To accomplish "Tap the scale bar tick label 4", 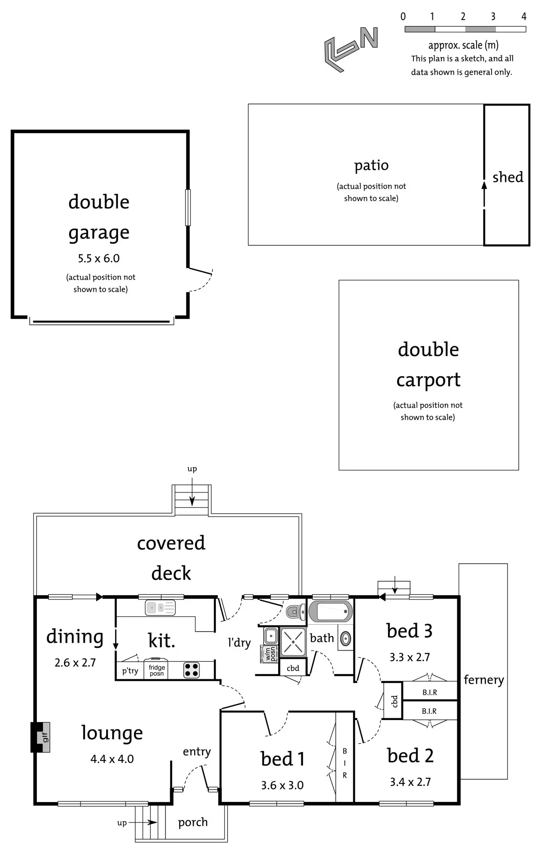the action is (x=524, y=17).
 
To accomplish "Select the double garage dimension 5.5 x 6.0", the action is (x=99, y=258).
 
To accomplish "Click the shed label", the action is (x=508, y=177).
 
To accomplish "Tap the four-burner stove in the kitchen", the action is (x=191, y=670).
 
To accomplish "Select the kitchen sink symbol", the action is (x=160, y=608).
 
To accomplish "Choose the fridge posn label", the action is (x=157, y=670).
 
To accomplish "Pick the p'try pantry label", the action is (x=130, y=671).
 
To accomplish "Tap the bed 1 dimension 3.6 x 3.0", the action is (x=282, y=785).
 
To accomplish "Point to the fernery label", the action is (x=483, y=680).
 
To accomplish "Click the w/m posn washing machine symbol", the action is (x=270, y=654).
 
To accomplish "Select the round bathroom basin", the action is (x=346, y=639).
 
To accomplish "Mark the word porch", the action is (x=193, y=822).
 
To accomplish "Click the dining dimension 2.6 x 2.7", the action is (x=75, y=662).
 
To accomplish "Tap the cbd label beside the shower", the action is (x=293, y=668).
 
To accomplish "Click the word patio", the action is (x=371, y=166).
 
